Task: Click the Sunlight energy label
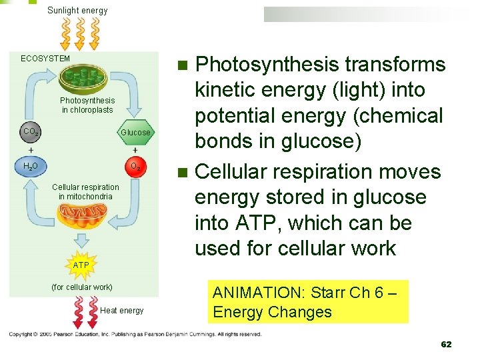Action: tap(77, 10)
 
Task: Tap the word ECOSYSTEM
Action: tap(45, 59)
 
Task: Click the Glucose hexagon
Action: tap(135, 132)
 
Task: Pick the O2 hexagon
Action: tap(135, 166)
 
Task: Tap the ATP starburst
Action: tap(81, 265)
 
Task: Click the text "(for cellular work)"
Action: tap(82, 287)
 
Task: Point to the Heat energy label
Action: tap(121, 311)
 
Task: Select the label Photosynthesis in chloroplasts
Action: tap(87, 105)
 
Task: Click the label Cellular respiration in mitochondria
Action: tap(85, 191)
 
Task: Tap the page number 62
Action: tap(446, 344)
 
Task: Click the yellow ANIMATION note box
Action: tap(308, 301)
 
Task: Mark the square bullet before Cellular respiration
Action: tap(185, 173)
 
